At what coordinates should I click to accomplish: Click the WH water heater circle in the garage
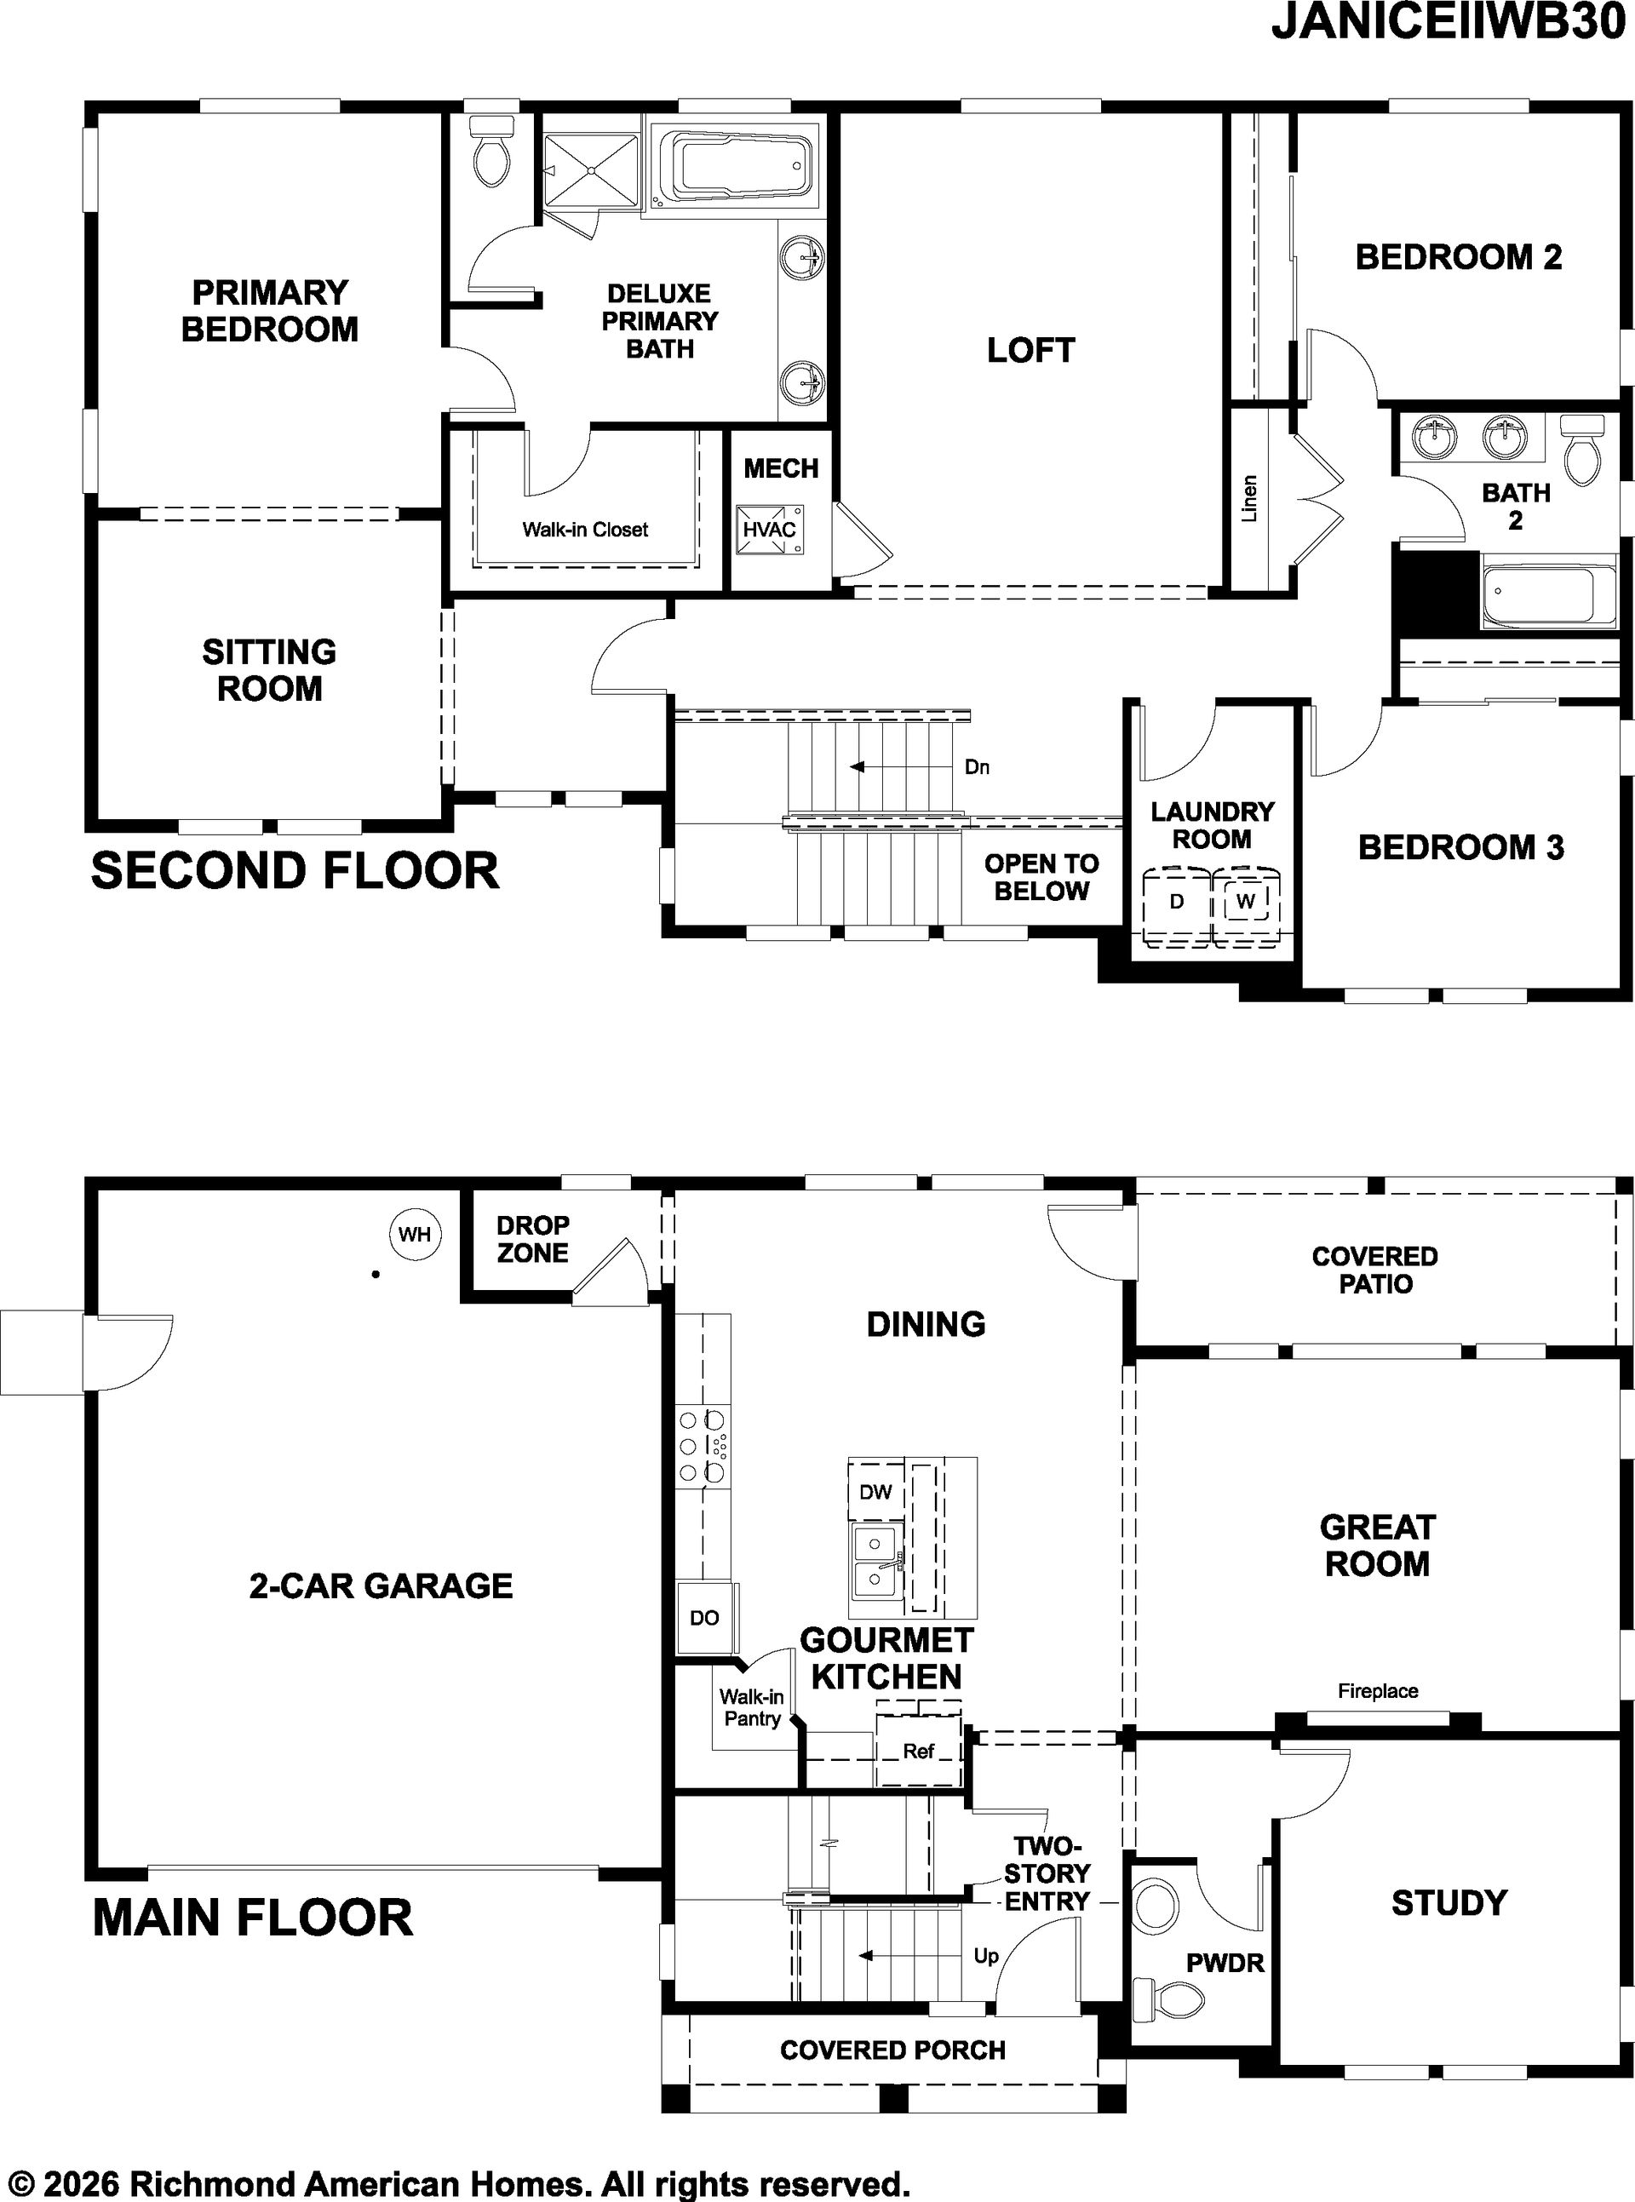[x=415, y=1234]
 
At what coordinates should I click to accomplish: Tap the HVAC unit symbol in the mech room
[x=770, y=529]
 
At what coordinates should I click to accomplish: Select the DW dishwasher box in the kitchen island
[x=876, y=1492]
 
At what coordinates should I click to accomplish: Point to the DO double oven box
[x=705, y=1618]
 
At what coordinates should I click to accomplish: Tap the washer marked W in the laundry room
[x=1246, y=902]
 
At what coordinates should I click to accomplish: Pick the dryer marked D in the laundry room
[x=1177, y=902]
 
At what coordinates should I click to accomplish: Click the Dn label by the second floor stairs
[x=977, y=767]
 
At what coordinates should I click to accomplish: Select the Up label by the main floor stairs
[x=986, y=1956]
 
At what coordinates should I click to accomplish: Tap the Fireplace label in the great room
[x=1378, y=1691]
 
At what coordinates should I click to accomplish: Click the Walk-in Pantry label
[x=752, y=1708]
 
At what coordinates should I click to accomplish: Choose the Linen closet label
[x=1249, y=499]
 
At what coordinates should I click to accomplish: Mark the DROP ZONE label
[x=532, y=1239]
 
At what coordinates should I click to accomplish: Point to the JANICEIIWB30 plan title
[x=1452, y=23]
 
